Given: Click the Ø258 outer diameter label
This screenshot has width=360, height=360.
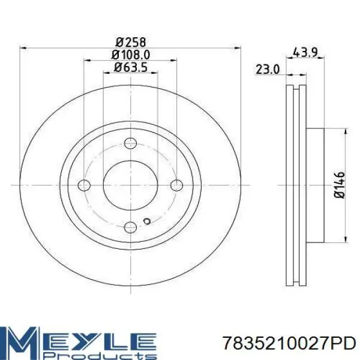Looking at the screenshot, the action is tap(131, 42).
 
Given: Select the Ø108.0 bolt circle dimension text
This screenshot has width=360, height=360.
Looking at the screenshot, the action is tap(131, 55).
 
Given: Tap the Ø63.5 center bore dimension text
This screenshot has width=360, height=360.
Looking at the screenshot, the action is tap(131, 67).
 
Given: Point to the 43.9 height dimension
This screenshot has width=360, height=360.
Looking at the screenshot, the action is tap(305, 53).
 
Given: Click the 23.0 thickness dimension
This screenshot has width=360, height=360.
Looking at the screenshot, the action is tap(268, 70).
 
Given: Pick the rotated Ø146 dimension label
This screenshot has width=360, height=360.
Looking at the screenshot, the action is tap(340, 185).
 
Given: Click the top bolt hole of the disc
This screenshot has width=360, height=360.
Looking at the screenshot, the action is tap(130, 143).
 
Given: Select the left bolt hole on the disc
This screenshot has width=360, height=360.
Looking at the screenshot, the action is tap(84, 185).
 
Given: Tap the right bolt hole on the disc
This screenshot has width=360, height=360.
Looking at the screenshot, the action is tap(177, 185).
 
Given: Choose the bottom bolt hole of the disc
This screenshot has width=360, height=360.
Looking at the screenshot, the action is tap(130, 227).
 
